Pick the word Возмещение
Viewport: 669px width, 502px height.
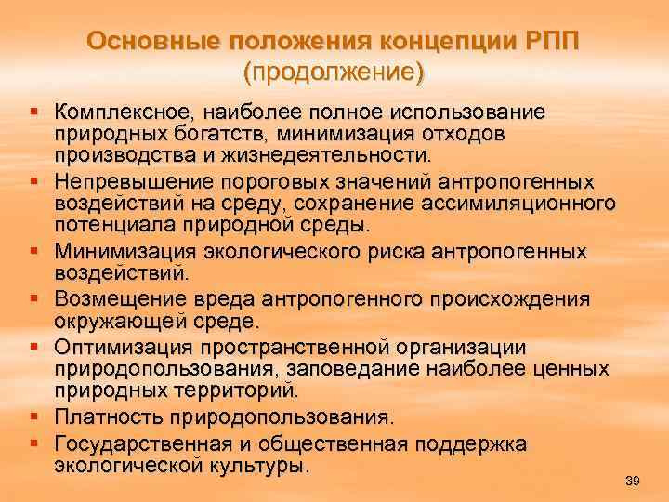coord(118,299)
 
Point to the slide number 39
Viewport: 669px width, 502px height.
coord(634,480)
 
